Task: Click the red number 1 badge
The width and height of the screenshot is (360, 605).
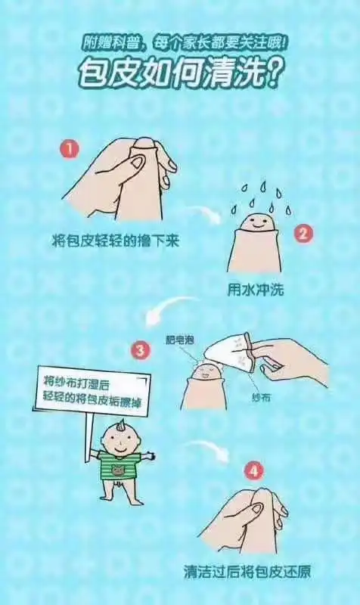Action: [x=70, y=149]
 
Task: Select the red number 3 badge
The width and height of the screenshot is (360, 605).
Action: [x=140, y=350]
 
